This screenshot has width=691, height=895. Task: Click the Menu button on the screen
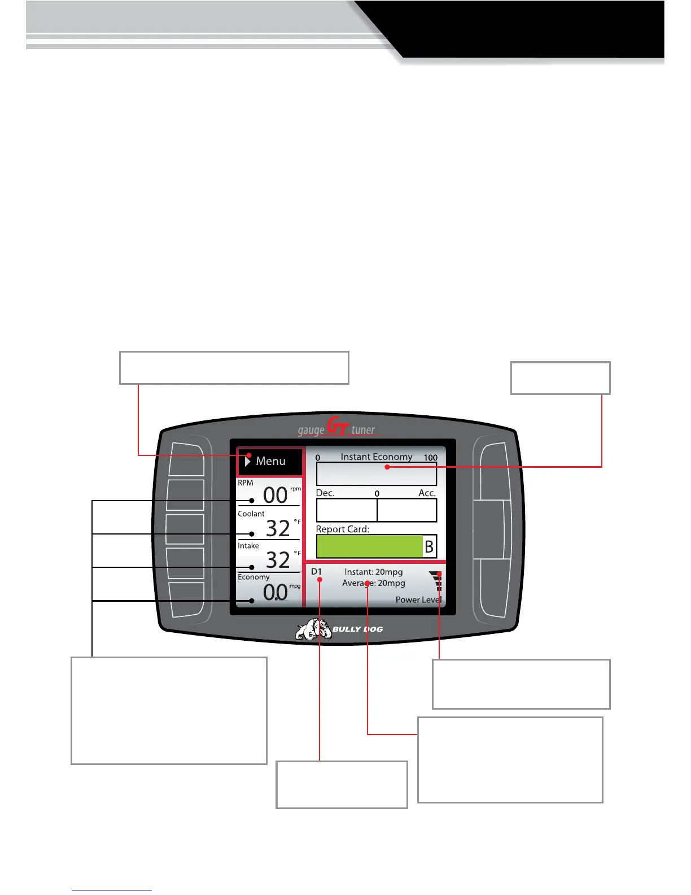pos(270,461)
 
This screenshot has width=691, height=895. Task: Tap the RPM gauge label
pos(246,483)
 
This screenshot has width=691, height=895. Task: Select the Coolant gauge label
pos(251,514)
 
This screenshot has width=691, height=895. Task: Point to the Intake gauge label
pos(248,546)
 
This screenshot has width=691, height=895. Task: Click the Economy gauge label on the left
pos(253,577)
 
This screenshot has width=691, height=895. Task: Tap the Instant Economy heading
pos(376,457)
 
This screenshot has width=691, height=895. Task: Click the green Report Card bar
pos(369,546)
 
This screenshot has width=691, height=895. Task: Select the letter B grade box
pos(430,546)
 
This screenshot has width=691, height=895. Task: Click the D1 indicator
pos(316,572)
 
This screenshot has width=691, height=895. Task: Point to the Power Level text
pos(418,599)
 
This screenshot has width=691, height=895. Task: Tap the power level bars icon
pos(436,580)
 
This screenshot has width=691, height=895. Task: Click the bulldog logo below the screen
pos(314,629)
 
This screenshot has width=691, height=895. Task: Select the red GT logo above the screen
pos(338,427)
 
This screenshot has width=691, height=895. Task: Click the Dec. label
pos(325,493)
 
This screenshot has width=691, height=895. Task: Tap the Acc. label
pos(427,493)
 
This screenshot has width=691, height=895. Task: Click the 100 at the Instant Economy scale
pos(431,458)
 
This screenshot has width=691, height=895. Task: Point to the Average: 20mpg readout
pos(374,583)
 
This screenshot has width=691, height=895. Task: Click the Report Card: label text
pos(342,529)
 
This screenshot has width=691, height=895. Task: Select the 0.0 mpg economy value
pos(275,592)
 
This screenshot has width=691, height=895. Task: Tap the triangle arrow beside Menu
pos(247,461)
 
